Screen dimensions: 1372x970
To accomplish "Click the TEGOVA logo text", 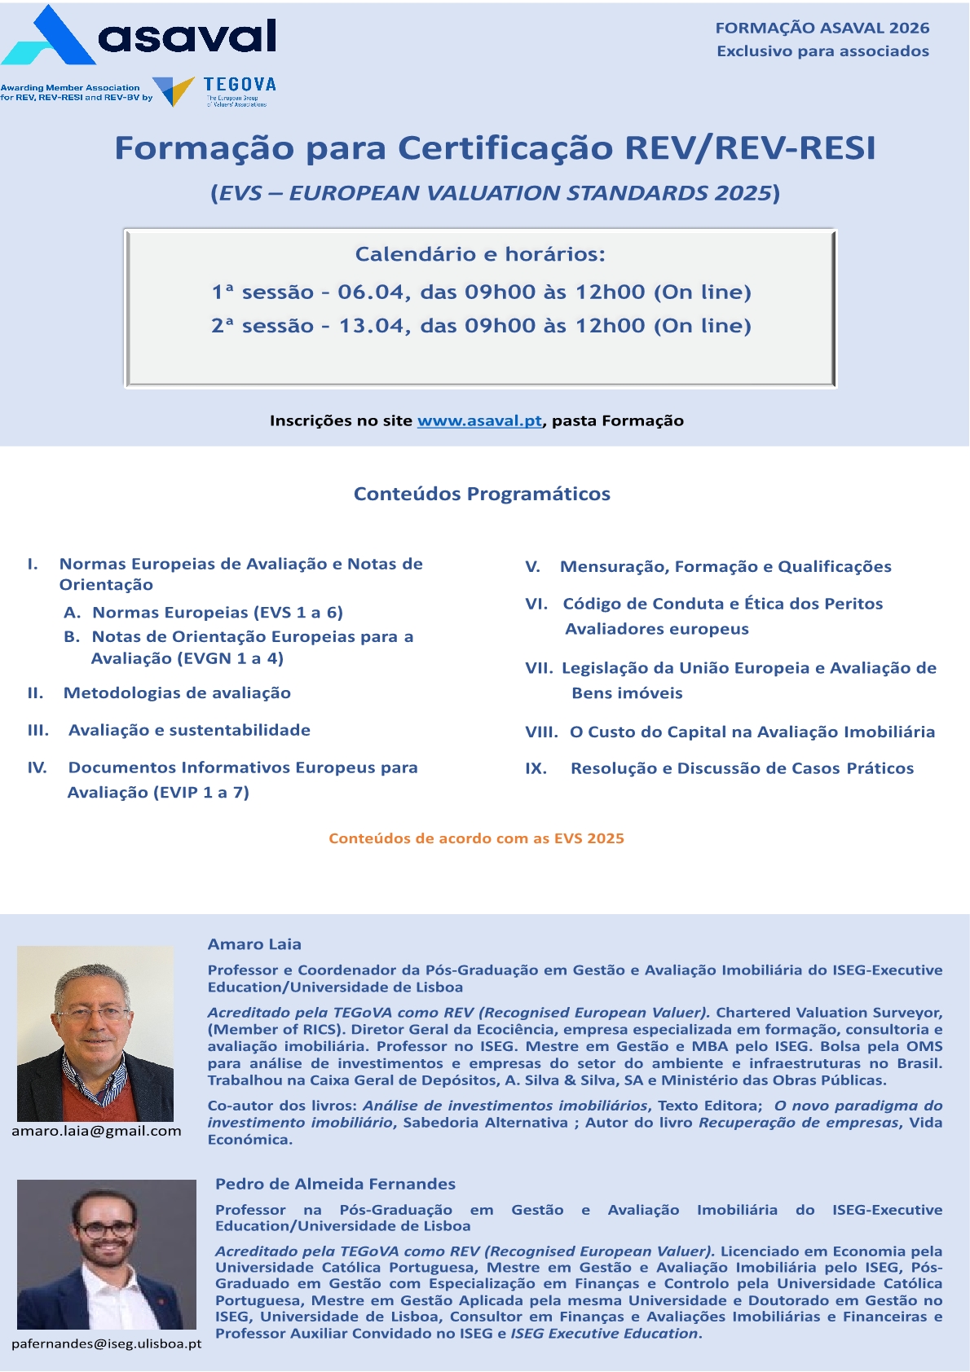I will (x=240, y=84).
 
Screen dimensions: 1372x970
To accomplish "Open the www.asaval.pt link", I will (x=479, y=421).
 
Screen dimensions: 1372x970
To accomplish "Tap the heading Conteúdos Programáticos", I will (x=482, y=494).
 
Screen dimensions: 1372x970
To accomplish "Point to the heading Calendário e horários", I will (x=480, y=254).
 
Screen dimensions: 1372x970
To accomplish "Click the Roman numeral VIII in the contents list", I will (x=541, y=732).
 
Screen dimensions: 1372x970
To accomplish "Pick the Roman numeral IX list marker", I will (x=536, y=768).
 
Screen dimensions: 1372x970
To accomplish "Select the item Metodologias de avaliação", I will (x=177, y=693).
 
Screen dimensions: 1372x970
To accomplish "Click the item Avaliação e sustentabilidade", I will (x=189, y=730).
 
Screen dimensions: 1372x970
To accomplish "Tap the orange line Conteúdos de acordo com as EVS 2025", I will (x=476, y=838).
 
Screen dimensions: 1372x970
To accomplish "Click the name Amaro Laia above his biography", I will (x=254, y=944).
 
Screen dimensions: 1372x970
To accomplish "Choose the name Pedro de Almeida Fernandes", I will (x=335, y=1184).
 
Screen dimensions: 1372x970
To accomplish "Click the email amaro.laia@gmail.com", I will (x=96, y=1131).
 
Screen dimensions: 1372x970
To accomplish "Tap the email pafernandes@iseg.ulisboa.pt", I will (x=106, y=1343).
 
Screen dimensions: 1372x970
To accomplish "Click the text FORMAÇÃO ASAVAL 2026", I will (x=822, y=28).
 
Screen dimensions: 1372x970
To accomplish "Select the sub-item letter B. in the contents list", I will (x=72, y=636).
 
